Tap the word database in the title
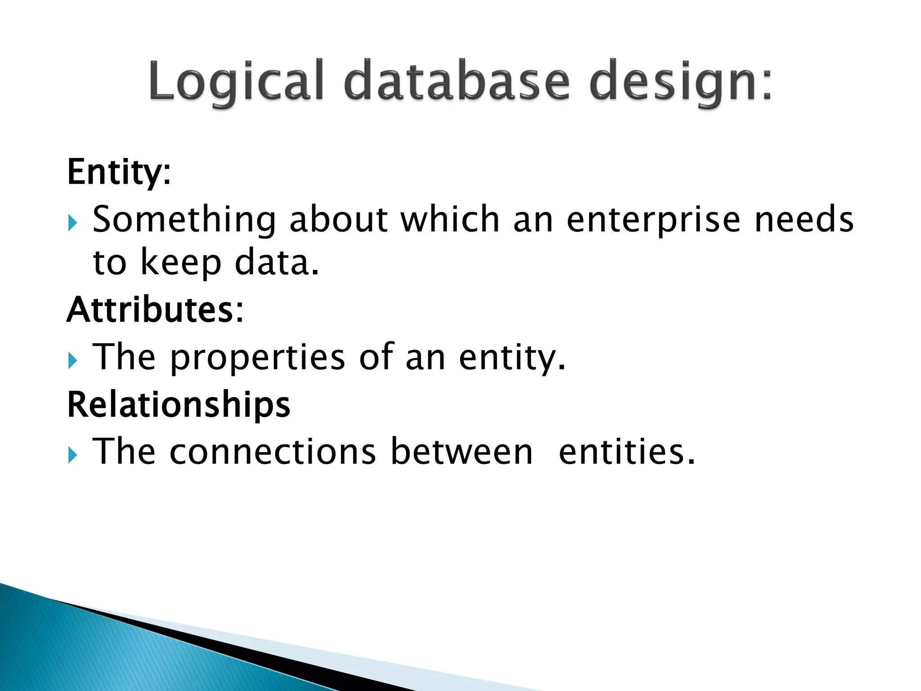tap(457, 81)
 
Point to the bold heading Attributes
tap(155, 310)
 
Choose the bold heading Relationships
tap(179, 404)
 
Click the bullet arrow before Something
tap(73, 223)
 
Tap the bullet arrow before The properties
tap(73, 360)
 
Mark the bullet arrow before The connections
tap(73, 455)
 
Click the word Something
tap(184, 220)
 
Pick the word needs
tap(804, 219)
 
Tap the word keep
tap(181, 263)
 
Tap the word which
tap(450, 219)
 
